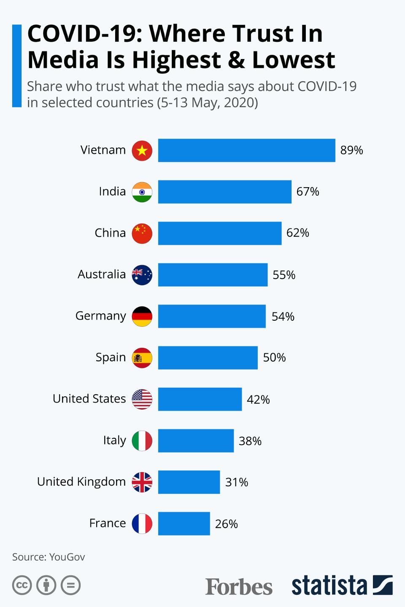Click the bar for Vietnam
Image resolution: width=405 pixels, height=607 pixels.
pyautogui.click(x=246, y=150)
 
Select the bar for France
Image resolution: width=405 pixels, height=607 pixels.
pyautogui.click(x=184, y=524)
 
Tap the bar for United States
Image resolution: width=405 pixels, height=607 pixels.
pyautogui.click(x=200, y=399)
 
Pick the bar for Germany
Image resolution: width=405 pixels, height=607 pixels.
pyautogui.click(x=212, y=316)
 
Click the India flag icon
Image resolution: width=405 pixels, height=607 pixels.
pyautogui.click(x=142, y=192)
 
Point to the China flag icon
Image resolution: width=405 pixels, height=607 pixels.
pyautogui.click(x=142, y=233)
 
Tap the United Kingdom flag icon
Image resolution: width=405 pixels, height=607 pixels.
pyautogui.click(x=142, y=482)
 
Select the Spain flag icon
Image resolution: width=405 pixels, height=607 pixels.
pyautogui.click(x=142, y=357)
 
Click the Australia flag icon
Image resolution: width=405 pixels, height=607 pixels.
pyautogui.click(x=142, y=275)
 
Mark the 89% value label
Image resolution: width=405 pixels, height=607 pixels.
pyautogui.click(x=351, y=150)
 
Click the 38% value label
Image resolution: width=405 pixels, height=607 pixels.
pyautogui.click(x=250, y=441)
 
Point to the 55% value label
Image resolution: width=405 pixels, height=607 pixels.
pyautogui.click(x=284, y=275)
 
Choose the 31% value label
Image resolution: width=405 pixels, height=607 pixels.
pyautogui.click(x=237, y=482)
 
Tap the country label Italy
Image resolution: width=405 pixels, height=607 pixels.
pyautogui.click(x=114, y=440)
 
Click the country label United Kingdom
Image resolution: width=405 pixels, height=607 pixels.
pyautogui.click(x=81, y=481)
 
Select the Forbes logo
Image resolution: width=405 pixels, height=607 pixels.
pyautogui.click(x=239, y=586)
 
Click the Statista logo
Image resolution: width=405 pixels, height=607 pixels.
pyautogui.click(x=342, y=586)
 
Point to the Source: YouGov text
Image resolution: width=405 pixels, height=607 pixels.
pyautogui.click(x=49, y=557)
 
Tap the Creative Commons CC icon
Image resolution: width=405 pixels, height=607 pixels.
pyautogui.click(x=22, y=585)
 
